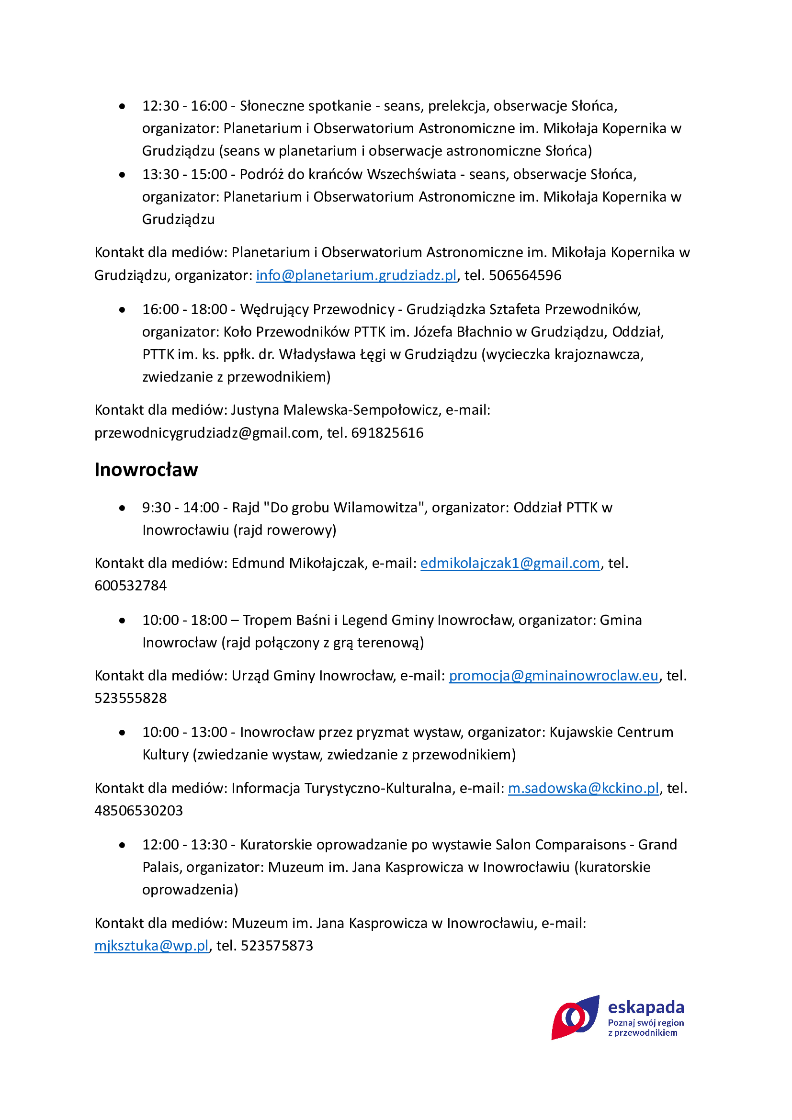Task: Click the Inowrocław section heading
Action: (146, 469)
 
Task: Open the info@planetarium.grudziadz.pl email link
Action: (356, 275)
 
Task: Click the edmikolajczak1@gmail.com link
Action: (509, 563)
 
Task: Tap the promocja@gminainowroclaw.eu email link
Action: (553, 676)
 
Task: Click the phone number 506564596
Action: (525, 275)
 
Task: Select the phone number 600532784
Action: (131, 585)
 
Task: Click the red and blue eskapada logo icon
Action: (575, 1017)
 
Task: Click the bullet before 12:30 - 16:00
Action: (122, 106)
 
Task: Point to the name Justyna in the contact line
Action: (255, 410)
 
